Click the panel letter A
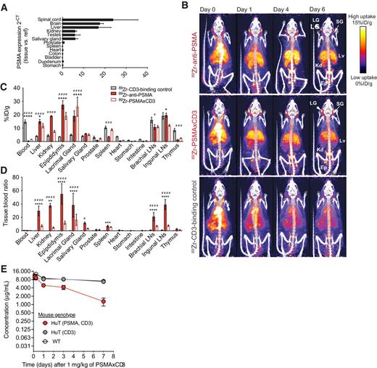point(4,6)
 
